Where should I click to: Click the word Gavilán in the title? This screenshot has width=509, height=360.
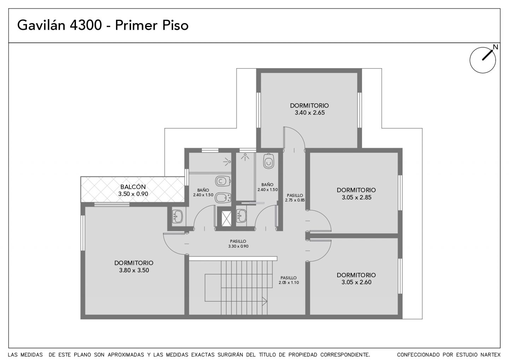coord(41,25)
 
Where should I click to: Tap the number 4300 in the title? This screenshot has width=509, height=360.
coord(86,25)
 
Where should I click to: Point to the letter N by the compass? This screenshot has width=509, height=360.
coord(495,47)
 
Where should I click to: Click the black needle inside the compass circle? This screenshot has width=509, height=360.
coord(488,55)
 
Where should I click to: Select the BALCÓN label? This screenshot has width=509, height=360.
coord(133,187)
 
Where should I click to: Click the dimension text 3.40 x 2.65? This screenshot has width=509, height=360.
coord(310,113)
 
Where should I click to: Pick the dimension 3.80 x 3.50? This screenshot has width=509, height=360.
coord(134,270)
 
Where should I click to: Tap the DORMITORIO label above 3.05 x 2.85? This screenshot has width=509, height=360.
coord(356,190)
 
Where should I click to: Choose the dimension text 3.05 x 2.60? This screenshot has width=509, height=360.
coord(356,282)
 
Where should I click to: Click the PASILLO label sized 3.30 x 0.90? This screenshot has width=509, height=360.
coord(238,241)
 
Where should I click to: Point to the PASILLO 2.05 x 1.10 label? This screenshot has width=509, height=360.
coord(288,278)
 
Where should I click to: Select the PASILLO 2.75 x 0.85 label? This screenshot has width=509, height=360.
coord(295,195)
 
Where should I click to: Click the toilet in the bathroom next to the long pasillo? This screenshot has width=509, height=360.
coord(269,161)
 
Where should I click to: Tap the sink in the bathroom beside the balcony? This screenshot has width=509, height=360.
coord(177,216)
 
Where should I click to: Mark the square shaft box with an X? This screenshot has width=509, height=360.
coord(226,219)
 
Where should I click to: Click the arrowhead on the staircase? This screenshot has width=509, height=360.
coord(265,301)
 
